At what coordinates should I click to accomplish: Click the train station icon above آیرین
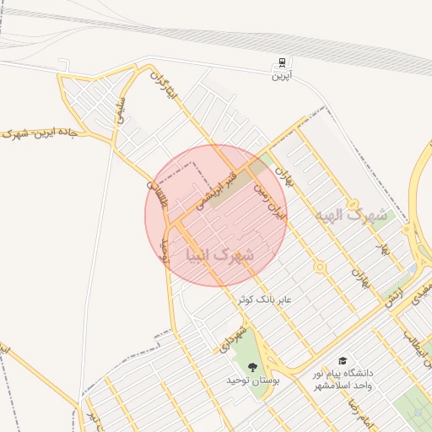click(x=280, y=62)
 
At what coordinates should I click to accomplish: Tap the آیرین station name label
click(x=280, y=76)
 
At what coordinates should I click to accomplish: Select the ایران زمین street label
click(x=273, y=202)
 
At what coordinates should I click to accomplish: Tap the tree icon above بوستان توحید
click(x=252, y=366)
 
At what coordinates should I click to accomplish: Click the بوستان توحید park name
click(x=251, y=381)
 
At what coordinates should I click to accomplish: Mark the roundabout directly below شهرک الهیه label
click(x=320, y=267)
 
